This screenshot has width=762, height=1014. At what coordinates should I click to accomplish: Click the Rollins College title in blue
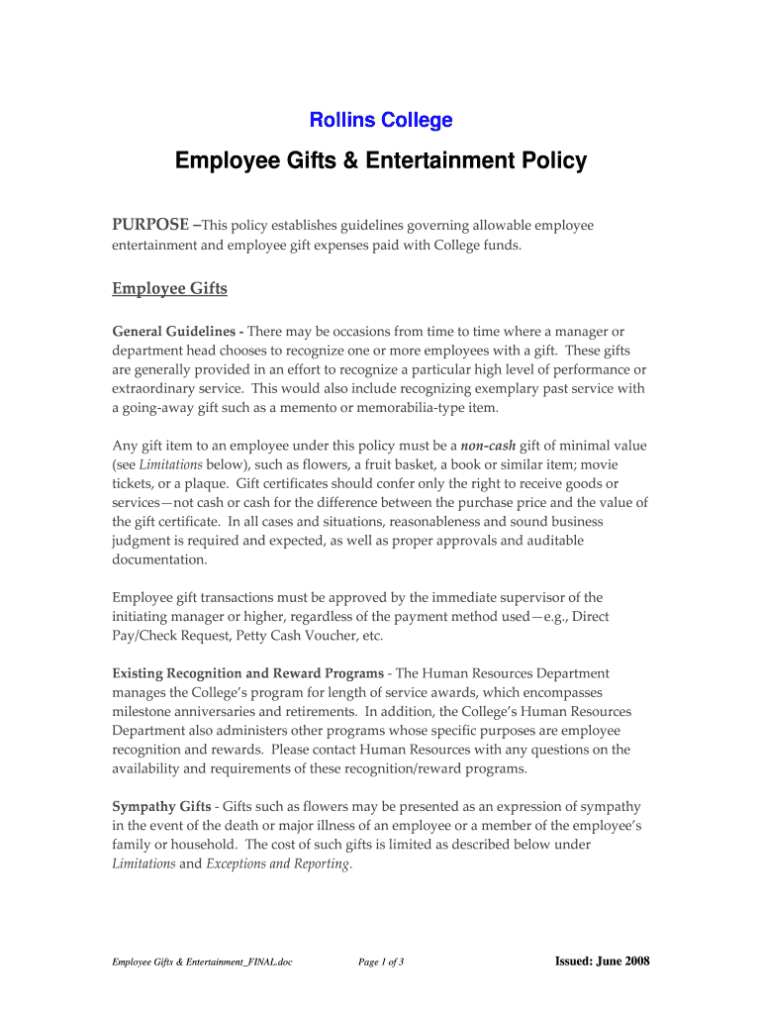coord(381,121)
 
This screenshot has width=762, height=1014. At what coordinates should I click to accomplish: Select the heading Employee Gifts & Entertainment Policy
coord(381,160)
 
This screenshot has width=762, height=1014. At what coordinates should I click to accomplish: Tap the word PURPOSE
coord(147,225)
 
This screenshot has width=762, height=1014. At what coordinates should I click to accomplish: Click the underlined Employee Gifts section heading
coord(169,288)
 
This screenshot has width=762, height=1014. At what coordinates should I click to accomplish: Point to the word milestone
coord(144,712)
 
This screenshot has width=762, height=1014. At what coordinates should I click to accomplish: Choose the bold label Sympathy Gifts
coord(161,806)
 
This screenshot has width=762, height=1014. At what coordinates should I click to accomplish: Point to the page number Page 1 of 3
coord(380,962)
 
